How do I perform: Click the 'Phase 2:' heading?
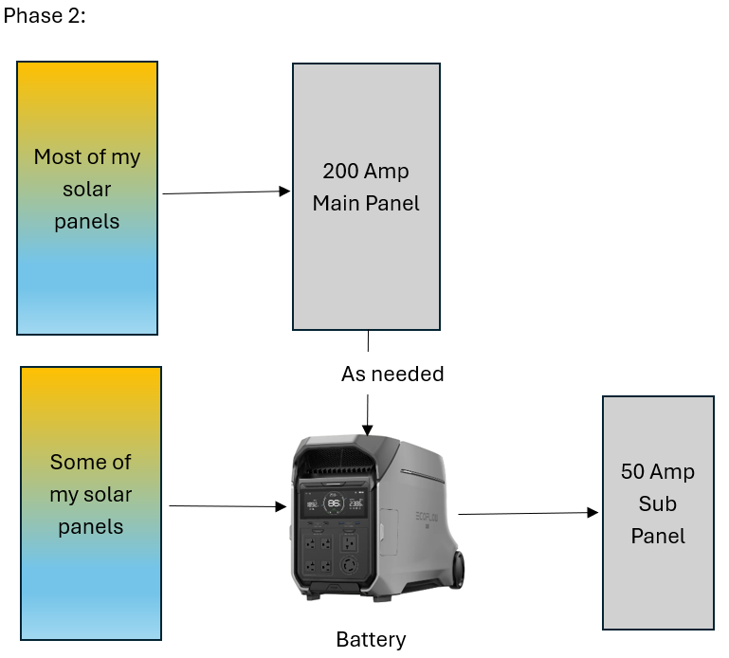pos(45,16)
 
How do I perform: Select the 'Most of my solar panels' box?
pos(87,198)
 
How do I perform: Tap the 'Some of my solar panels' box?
pos(91,503)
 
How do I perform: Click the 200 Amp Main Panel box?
pos(366,196)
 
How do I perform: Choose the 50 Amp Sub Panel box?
pos(658,513)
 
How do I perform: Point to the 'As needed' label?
pos(392,374)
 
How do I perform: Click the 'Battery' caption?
pos(371,640)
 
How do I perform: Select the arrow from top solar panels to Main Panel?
pos(227,192)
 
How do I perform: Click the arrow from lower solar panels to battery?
pos(228,506)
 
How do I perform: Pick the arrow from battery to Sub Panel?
pos(528,513)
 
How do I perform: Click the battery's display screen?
pos(334,503)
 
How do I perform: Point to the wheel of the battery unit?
pos(458,570)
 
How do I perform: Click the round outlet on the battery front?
pos(349,565)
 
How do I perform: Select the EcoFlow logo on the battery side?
pos(427,517)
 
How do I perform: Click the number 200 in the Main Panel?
pos(340,171)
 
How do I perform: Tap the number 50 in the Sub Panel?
pos(632,471)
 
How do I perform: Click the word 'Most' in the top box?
pos(57,156)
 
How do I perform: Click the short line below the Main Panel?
pos(368,341)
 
